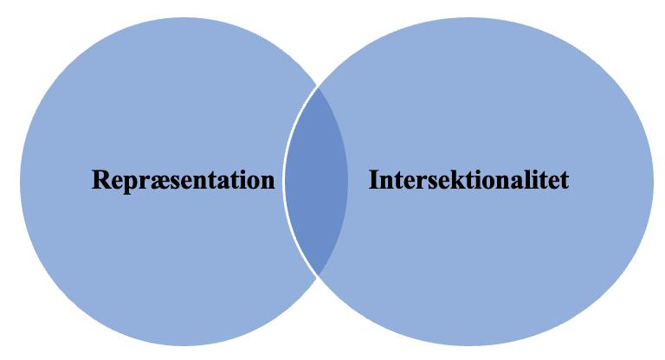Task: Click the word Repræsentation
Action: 184,181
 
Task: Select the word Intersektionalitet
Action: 468,181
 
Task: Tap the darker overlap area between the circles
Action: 317,181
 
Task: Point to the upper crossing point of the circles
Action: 317,86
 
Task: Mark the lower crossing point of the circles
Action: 317,275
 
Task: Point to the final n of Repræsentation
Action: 267,183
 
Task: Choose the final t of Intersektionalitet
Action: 564,182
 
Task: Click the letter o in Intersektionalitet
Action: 487,183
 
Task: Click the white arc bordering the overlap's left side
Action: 285,181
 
